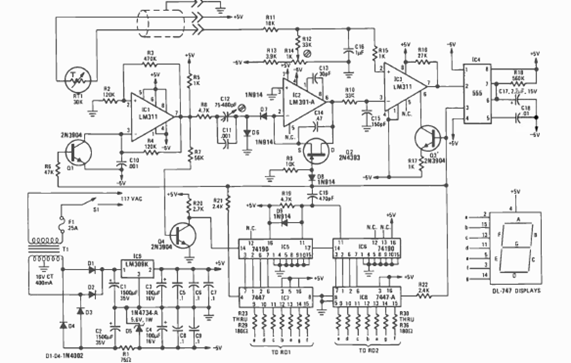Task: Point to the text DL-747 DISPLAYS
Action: point(513,291)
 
